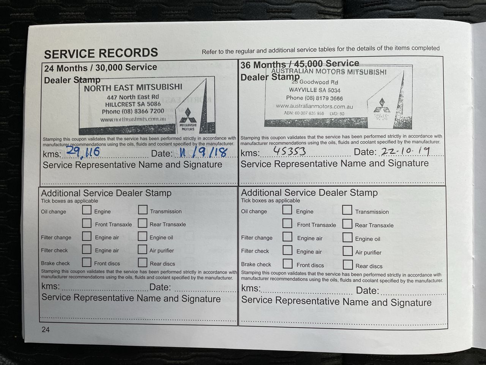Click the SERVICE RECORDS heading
pyautogui.click(x=101, y=53)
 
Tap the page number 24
pyautogui.click(x=46, y=330)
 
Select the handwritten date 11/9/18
pyautogui.click(x=200, y=152)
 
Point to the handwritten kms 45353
pyautogui.click(x=289, y=152)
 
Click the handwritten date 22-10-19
pyautogui.click(x=405, y=151)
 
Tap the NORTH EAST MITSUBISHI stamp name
pyautogui.click(x=133, y=87)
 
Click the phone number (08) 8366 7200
pyautogui.click(x=133, y=111)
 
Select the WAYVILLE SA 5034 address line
pyautogui.click(x=315, y=90)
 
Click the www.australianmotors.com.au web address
pyautogui.click(x=314, y=106)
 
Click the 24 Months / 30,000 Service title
pyautogui.click(x=100, y=68)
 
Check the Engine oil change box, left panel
pyautogui.click(x=87, y=210)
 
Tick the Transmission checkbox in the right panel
pyautogui.click(x=347, y=210)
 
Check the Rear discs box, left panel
pyautogui.click(x=143, y=262)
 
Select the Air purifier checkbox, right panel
pyautogui.click(x=347, y=251)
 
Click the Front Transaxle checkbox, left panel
pyautogui.click(x=87, y=223)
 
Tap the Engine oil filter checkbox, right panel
pyautogui.click(x=347, y=238)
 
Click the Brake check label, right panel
pyautogui.click(x=256, y=265)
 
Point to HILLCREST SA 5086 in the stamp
pyautogui.click(x=133, y=104)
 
